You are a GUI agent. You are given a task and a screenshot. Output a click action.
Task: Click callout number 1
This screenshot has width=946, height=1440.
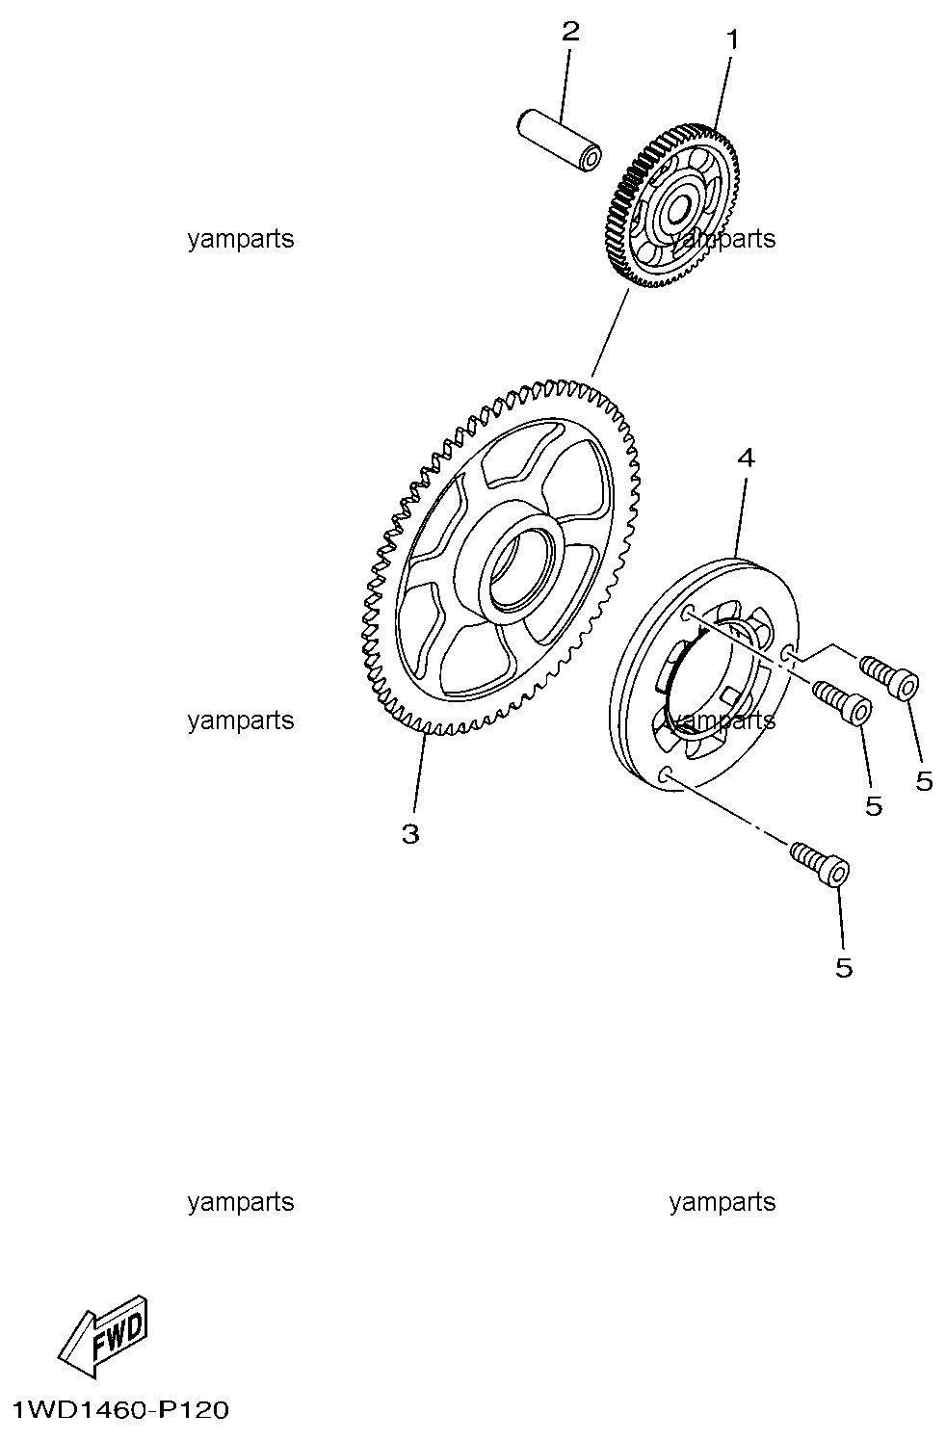[732, 39]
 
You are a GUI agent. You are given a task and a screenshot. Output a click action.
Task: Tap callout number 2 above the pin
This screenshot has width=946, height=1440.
[570, 31]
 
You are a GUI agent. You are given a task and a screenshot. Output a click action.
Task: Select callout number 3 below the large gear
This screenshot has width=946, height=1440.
[410, 834]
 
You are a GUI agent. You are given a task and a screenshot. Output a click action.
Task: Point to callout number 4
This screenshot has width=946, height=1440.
[746, 458]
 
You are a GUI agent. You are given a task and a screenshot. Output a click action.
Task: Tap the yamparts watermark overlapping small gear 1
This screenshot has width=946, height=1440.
[723, 239]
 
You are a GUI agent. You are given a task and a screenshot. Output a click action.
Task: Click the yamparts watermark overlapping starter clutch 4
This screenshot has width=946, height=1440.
[723, 720]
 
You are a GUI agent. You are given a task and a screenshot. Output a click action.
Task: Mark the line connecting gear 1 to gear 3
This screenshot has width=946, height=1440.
[610, 332]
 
